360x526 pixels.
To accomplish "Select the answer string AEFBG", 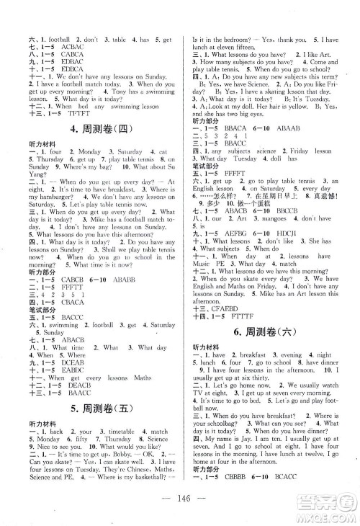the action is tap(234, 213).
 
